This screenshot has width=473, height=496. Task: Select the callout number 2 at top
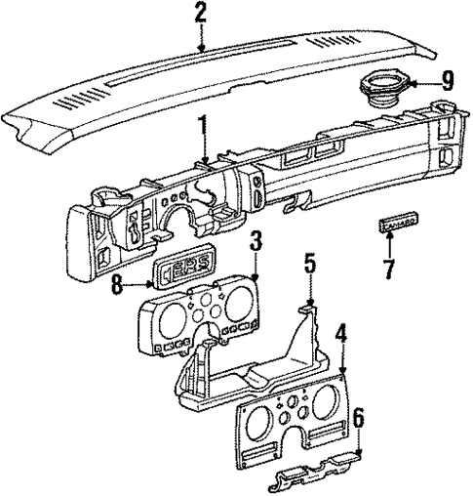(x=201, y=14)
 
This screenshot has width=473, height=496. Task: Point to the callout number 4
(x=340, y=333)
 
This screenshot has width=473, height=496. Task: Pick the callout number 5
(x=309, y=264)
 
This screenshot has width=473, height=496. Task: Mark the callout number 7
(x=390, y=268)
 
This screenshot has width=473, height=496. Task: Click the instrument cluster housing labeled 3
(x=195, y=316)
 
